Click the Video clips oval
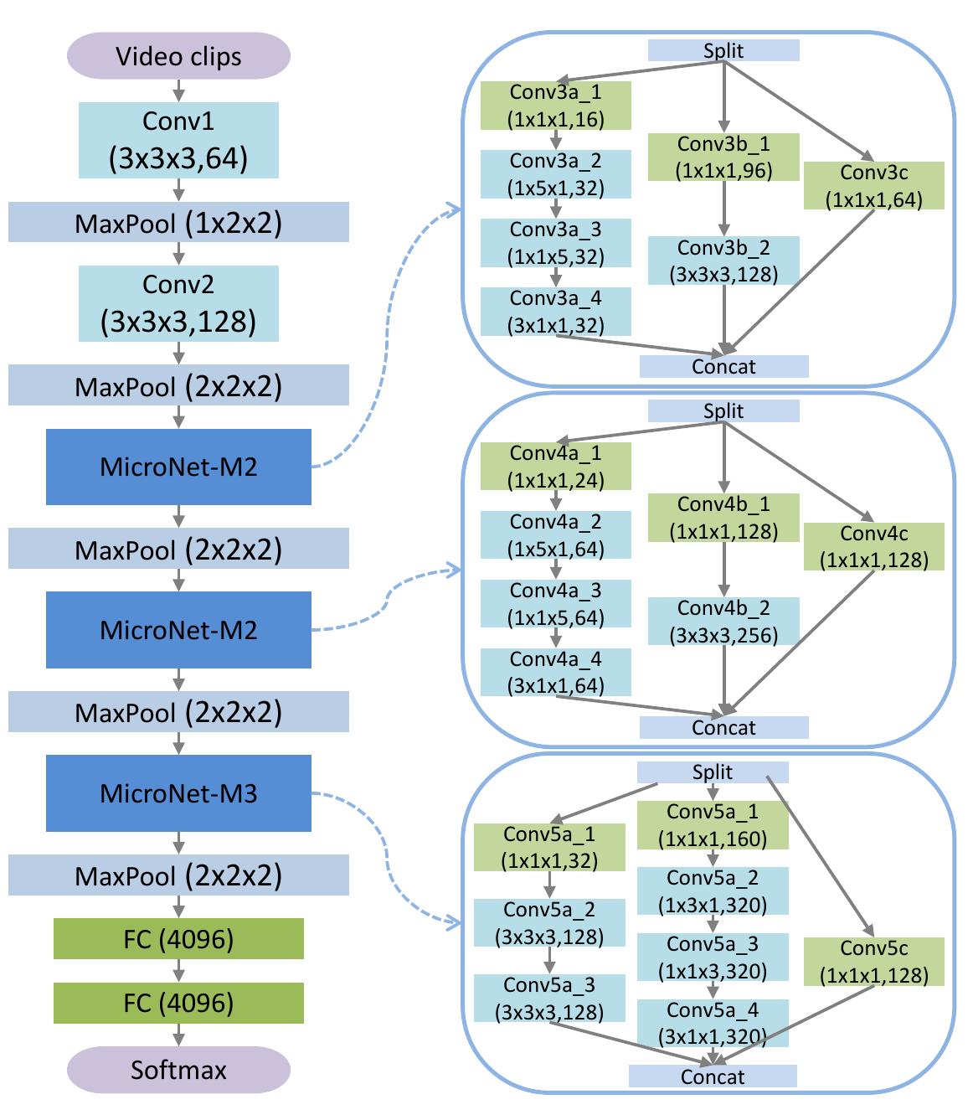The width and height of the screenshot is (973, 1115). [178, 56]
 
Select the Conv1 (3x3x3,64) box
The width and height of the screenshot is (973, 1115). [178, 140]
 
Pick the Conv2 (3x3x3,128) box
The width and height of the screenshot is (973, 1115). [178, 303]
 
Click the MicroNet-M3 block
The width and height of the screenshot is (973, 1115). [178, 792]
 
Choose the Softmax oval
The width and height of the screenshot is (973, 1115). [178, 1070]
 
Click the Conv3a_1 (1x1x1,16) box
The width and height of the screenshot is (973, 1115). [555, 106]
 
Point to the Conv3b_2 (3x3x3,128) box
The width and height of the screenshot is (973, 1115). [723, 261]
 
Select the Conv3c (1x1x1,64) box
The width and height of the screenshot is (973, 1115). [873, 186]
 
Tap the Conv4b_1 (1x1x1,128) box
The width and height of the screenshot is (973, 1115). [723, 518]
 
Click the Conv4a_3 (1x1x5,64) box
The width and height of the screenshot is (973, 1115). [555, 604]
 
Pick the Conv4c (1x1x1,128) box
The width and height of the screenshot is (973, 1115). [873, 547]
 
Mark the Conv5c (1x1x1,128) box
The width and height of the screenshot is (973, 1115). [873, 962]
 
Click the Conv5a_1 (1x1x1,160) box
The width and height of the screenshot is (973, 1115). [713, 825]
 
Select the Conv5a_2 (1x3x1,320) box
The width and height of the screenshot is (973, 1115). [713, 891]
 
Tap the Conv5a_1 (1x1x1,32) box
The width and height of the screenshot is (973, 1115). [549, 847]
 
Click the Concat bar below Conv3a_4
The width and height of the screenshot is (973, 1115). [723, 366]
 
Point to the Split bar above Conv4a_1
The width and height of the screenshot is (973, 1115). [723, 411]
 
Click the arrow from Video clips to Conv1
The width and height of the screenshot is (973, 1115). [178, 90]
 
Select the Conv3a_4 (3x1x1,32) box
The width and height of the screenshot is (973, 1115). [555, 312]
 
